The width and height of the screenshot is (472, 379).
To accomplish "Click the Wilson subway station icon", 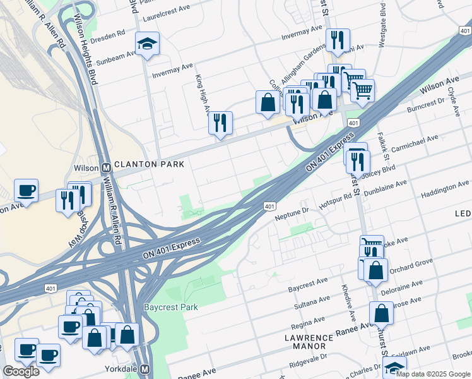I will coord(106,168).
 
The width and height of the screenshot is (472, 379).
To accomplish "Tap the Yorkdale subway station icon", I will coord(145,369).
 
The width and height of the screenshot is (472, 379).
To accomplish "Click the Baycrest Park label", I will coord(171,308).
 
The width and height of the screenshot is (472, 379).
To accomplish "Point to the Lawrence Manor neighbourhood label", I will coord(305,342).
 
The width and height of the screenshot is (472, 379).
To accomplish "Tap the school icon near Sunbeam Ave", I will coord(147,44).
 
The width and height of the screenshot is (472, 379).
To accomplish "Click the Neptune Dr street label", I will coord(292,217).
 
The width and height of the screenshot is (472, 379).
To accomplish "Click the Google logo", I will coord(21,371).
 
